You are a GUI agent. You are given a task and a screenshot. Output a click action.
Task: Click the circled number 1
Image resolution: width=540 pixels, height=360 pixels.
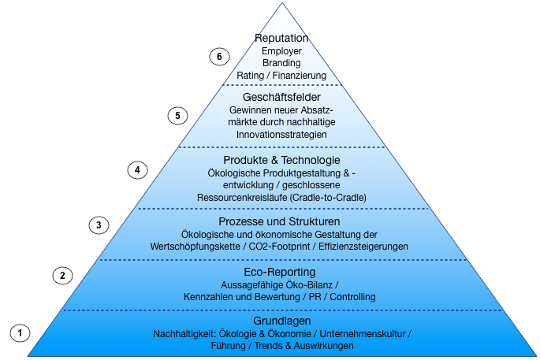tap(20, 332)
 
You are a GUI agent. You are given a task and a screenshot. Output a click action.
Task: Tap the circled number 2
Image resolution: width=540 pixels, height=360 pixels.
tap(62, 275)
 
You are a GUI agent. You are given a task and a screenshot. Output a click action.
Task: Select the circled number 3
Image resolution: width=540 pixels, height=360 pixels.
tap(99, 225)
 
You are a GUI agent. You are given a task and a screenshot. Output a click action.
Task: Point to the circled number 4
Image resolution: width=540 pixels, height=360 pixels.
tap(137, 169)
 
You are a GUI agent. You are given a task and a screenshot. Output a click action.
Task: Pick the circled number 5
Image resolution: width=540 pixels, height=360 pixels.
tap(178, 116)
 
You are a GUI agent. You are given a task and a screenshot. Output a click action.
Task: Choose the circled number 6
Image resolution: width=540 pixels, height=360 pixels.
tap(219, 57)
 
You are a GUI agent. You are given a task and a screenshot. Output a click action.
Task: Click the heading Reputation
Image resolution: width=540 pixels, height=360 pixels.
tap(281, 38)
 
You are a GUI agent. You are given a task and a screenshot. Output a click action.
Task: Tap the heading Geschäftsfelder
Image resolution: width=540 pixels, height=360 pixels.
tap(281, 97)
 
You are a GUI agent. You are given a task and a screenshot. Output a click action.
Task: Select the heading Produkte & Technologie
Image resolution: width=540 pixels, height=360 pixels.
tap(281, 160)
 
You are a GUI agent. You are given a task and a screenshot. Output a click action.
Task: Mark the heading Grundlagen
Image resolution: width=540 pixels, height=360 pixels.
tap(281, 321)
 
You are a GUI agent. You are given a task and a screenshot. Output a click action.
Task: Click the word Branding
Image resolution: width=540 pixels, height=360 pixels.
tap(281, 63)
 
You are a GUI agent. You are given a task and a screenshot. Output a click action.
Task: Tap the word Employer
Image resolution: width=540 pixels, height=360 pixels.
tap(281, 51)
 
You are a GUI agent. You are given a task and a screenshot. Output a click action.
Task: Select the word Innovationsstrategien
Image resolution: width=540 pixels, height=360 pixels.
tap(281, 135)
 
